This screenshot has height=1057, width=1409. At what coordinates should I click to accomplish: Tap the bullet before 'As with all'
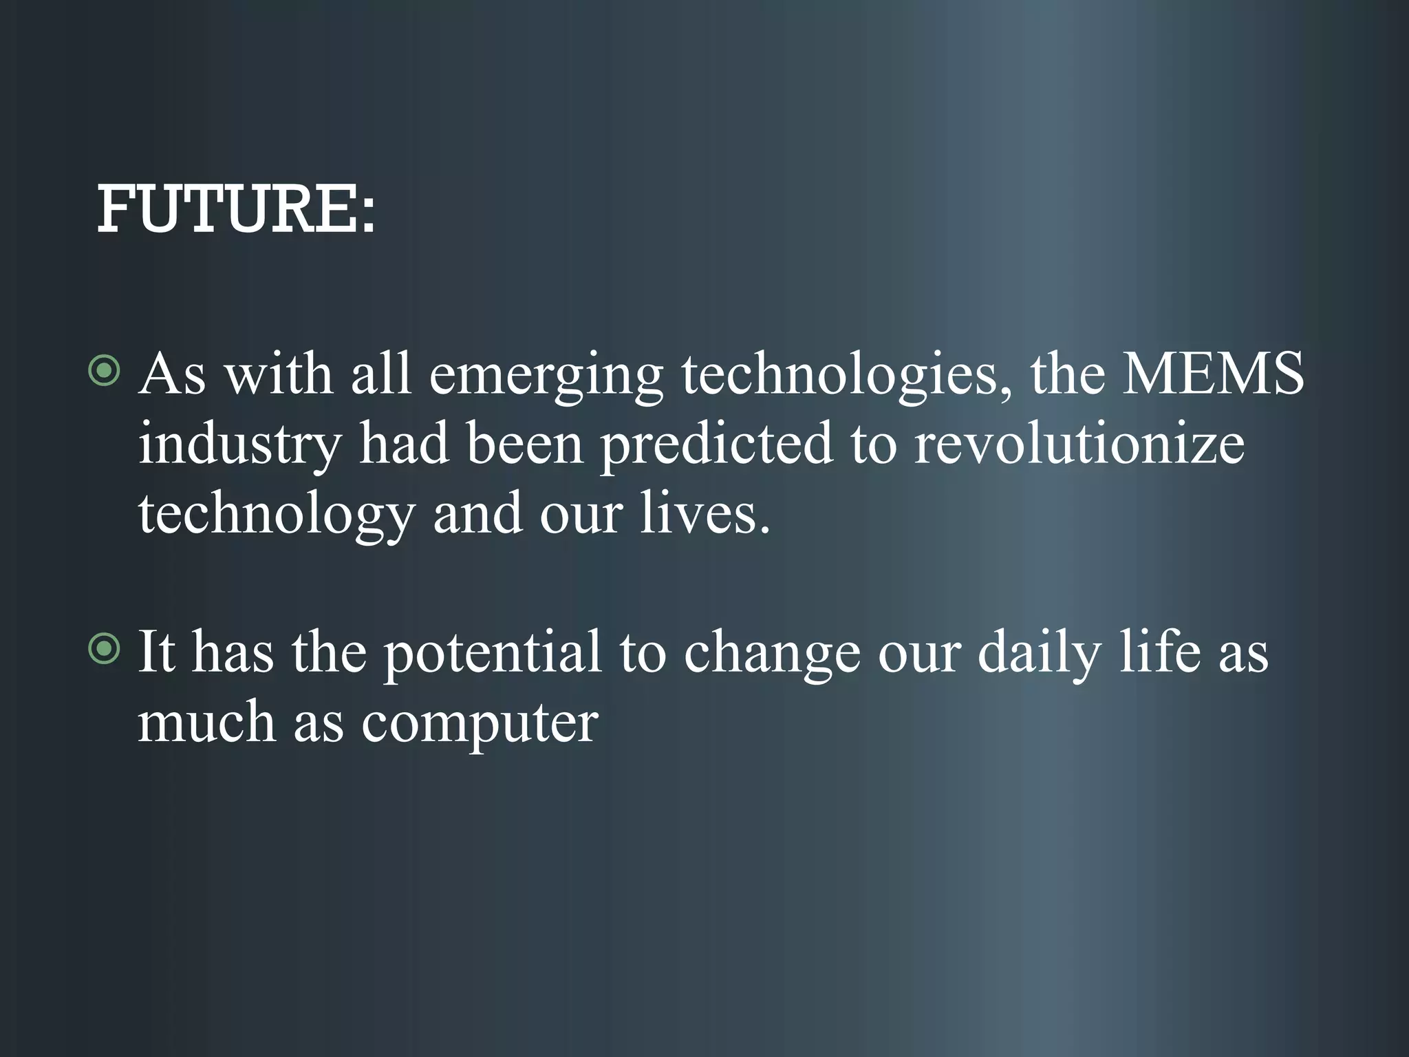pyautogui.click(x=105, y=372)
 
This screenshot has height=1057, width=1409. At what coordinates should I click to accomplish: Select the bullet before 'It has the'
pyautogui.click(x=105, y=649)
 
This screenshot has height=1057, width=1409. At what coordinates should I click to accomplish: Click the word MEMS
pyautogui.click(x=1213, y=374)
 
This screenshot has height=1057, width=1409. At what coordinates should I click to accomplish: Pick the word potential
pyautogui.click(x=492, y=654)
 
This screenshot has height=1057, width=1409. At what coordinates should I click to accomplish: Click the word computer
pyautogui.click(x=480, y=725)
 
